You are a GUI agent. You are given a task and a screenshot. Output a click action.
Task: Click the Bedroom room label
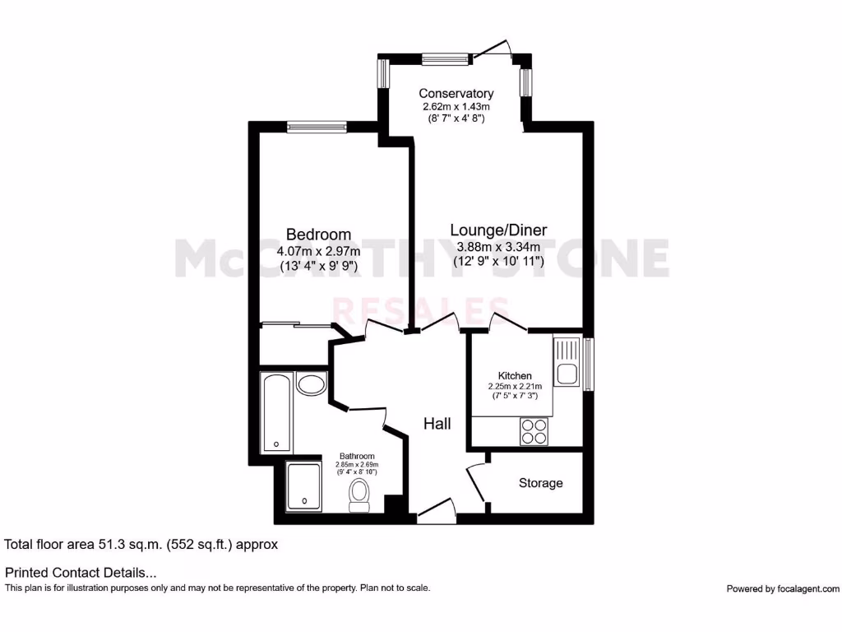(318, 235)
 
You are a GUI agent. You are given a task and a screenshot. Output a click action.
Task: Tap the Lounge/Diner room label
(498, 230)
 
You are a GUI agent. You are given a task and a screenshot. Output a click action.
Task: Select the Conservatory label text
(456, 93)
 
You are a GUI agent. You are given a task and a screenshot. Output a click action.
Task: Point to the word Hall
(437, 424)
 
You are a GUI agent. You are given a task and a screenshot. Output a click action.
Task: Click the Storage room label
(540, 483)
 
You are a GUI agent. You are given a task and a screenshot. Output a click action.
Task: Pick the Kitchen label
(515, 375)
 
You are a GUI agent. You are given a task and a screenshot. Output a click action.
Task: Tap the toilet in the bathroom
(359, 495)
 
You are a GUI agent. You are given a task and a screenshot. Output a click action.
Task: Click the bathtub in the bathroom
(276, 413)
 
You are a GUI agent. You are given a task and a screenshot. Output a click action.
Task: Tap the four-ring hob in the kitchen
(534, 431)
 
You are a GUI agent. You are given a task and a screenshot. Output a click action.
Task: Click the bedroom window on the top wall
(317, 126)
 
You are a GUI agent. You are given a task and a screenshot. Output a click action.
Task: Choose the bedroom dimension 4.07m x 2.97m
(318, 250)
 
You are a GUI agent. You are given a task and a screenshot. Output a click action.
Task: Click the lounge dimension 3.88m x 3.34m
(498, 246)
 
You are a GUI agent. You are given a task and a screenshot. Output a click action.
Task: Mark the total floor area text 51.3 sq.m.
(141, 544)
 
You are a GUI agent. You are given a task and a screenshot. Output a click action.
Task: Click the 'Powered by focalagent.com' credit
(783, 588)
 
